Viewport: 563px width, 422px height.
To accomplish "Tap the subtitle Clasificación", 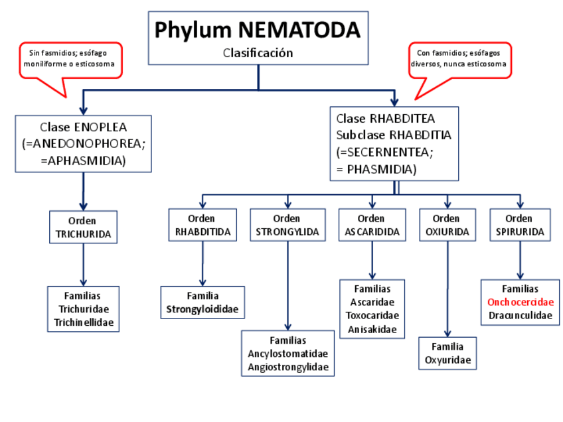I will click(258, 52).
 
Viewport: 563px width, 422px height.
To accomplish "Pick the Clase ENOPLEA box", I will click(83, 143).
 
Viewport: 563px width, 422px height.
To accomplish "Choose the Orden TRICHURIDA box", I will click(83, 227).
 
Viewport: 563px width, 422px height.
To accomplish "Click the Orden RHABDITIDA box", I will click(202, 226).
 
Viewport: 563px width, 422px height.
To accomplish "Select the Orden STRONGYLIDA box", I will click(287, 226).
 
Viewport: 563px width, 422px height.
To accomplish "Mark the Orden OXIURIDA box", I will click(447, 226).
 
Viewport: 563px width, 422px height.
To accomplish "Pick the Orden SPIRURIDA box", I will click(519, 226).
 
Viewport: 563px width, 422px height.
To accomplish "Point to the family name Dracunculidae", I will click(520, 315).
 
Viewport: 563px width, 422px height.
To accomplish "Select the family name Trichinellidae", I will click(84, 322).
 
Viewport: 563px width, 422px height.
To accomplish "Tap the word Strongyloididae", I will click(202, 309).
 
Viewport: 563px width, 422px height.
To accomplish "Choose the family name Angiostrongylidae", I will click(287, 366).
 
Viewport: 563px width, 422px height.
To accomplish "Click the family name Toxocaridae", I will click(372, 315).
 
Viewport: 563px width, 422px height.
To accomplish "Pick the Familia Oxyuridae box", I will click(447, 354).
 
